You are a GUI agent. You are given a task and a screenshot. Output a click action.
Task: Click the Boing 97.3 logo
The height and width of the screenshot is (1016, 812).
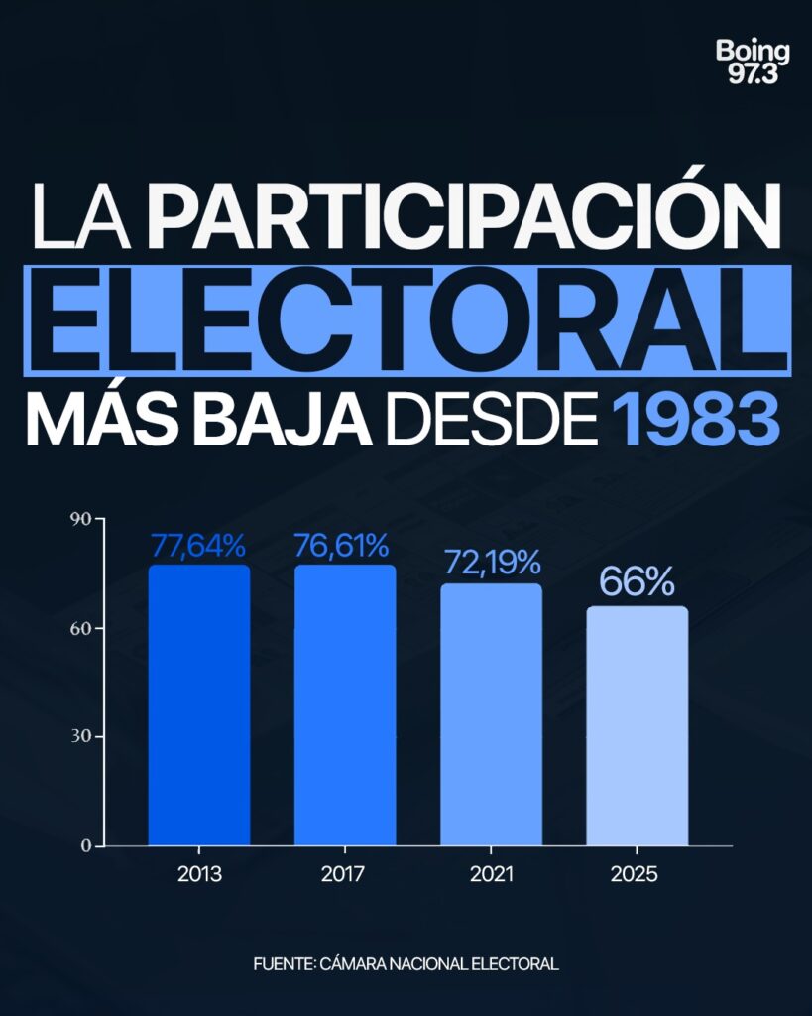coord(753,63)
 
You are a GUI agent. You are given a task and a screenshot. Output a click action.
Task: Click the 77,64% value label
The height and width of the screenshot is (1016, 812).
coord(198,546)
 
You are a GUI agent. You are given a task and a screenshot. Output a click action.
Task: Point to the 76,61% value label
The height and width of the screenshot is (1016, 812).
coord(344,546)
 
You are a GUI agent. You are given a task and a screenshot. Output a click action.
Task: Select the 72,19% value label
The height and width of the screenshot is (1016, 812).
coord(491,564)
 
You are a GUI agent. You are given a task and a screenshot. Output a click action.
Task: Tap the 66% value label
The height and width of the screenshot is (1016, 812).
coord(637,583)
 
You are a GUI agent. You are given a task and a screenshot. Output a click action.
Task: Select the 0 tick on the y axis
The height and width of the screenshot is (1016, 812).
coord(86,845)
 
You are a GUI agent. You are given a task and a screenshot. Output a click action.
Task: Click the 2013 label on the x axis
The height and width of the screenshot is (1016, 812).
coord(199,875)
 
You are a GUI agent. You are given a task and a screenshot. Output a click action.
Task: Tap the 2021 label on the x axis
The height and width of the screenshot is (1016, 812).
coord(491,875)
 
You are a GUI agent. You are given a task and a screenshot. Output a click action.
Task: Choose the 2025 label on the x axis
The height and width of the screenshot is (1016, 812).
coord(637,875)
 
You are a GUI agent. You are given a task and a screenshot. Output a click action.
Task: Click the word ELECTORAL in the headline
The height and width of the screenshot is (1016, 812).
coord(406,318)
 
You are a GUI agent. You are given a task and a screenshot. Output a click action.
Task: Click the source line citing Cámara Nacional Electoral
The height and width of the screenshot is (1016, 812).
coord(406,963)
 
